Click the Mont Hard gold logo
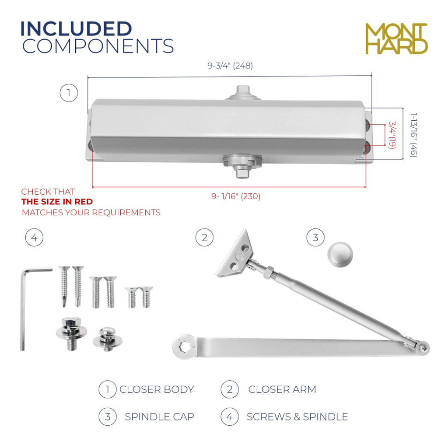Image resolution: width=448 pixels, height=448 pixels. pyautogui.click(x=396, y=38)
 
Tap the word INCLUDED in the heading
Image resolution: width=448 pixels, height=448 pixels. pyautogui.click(x=76, y=28)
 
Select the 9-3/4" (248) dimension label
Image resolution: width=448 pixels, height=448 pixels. pyautogui.click(x=230, y=66)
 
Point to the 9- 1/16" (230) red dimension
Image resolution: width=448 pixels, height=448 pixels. pyautogui.click(x=236, y=196)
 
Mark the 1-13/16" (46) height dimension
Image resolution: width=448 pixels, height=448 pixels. pyautogui.click(x=413, y=135)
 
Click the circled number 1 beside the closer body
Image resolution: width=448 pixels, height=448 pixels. pyautogui.click(x=69, y=93)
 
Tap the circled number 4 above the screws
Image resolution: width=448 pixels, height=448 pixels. pyautogui.click(x=34, y=238)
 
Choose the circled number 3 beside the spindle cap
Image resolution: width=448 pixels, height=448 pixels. pyautogui.click(x=315, y=238)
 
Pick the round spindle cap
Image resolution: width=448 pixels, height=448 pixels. pyautogui.click(x=340, y=254)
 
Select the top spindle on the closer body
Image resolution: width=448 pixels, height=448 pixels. pyautogui.click(x=243, y=93)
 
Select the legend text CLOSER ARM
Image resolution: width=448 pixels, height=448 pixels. pyautogui.click(x=282, y=389)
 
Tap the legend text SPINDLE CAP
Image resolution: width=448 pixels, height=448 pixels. pyautogui.click(x=159, y=417)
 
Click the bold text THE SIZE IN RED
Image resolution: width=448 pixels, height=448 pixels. pyautogui.click(x=57, y=202)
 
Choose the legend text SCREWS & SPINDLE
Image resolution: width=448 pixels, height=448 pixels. pyautogui.click(x=297, y=417)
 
